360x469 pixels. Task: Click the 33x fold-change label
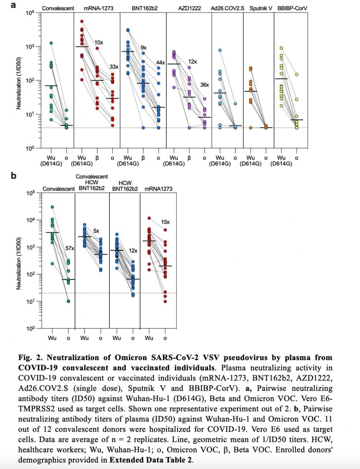114,67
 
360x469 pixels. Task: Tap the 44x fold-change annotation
160,63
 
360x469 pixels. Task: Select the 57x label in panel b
70,248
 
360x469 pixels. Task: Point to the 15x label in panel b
165,222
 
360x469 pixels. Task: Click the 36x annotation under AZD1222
205,85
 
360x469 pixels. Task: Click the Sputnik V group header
261,8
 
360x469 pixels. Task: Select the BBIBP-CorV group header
292,8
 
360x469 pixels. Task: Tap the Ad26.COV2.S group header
229,8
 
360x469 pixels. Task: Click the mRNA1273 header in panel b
158,189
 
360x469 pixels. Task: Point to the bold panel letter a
14,5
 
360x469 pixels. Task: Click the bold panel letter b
14,176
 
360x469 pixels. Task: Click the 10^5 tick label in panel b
30,193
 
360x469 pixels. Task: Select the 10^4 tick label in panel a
30,13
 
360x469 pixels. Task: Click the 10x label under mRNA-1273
99,43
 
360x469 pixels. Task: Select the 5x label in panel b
96,231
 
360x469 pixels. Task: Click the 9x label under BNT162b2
144,48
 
